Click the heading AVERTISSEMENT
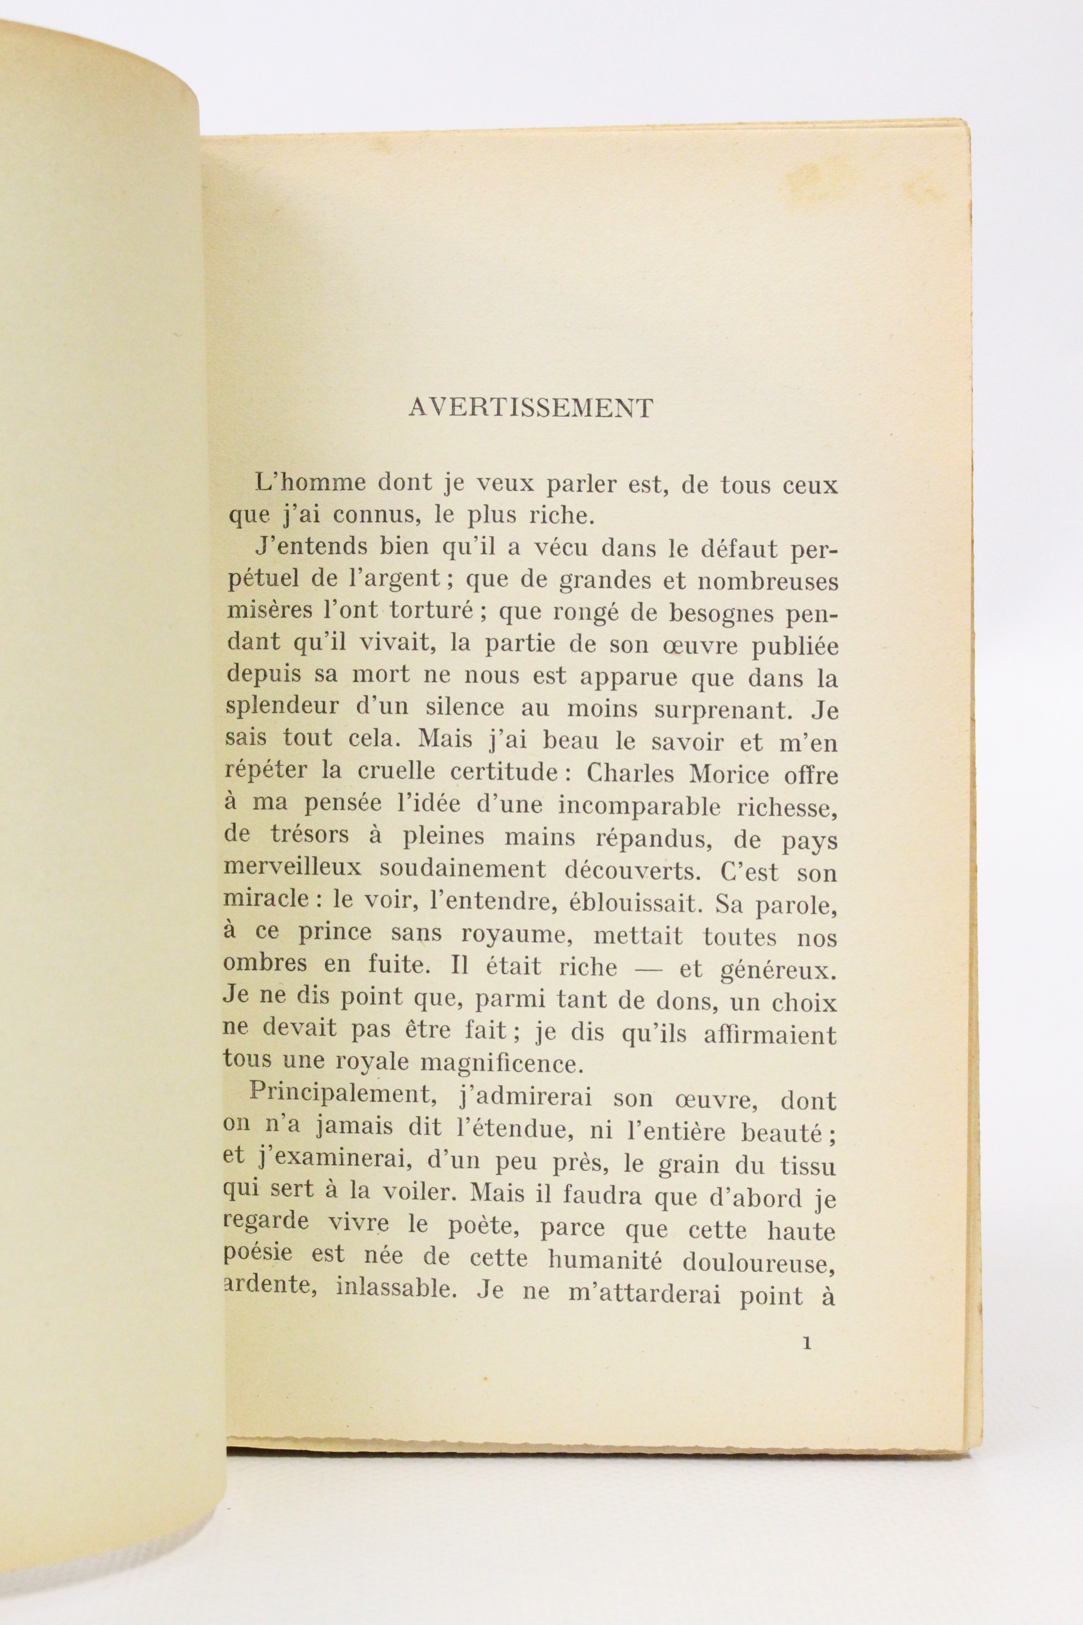[x=530, y=408]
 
